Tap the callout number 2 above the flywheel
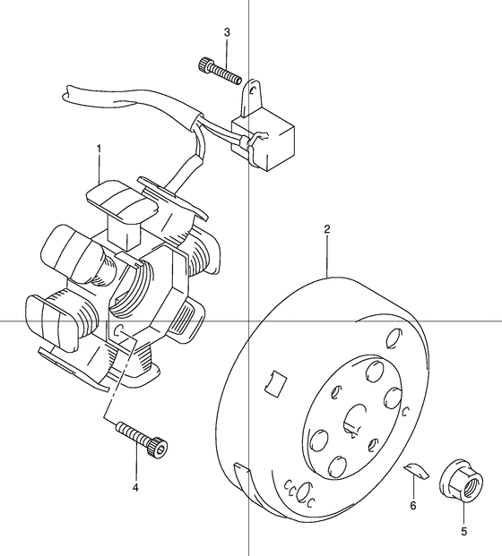(327, 230)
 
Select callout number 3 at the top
(227, 33)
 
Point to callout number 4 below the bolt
(135, 488)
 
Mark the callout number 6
(414, 505)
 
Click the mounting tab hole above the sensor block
(255, 90)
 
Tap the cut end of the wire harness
(69, 93)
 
